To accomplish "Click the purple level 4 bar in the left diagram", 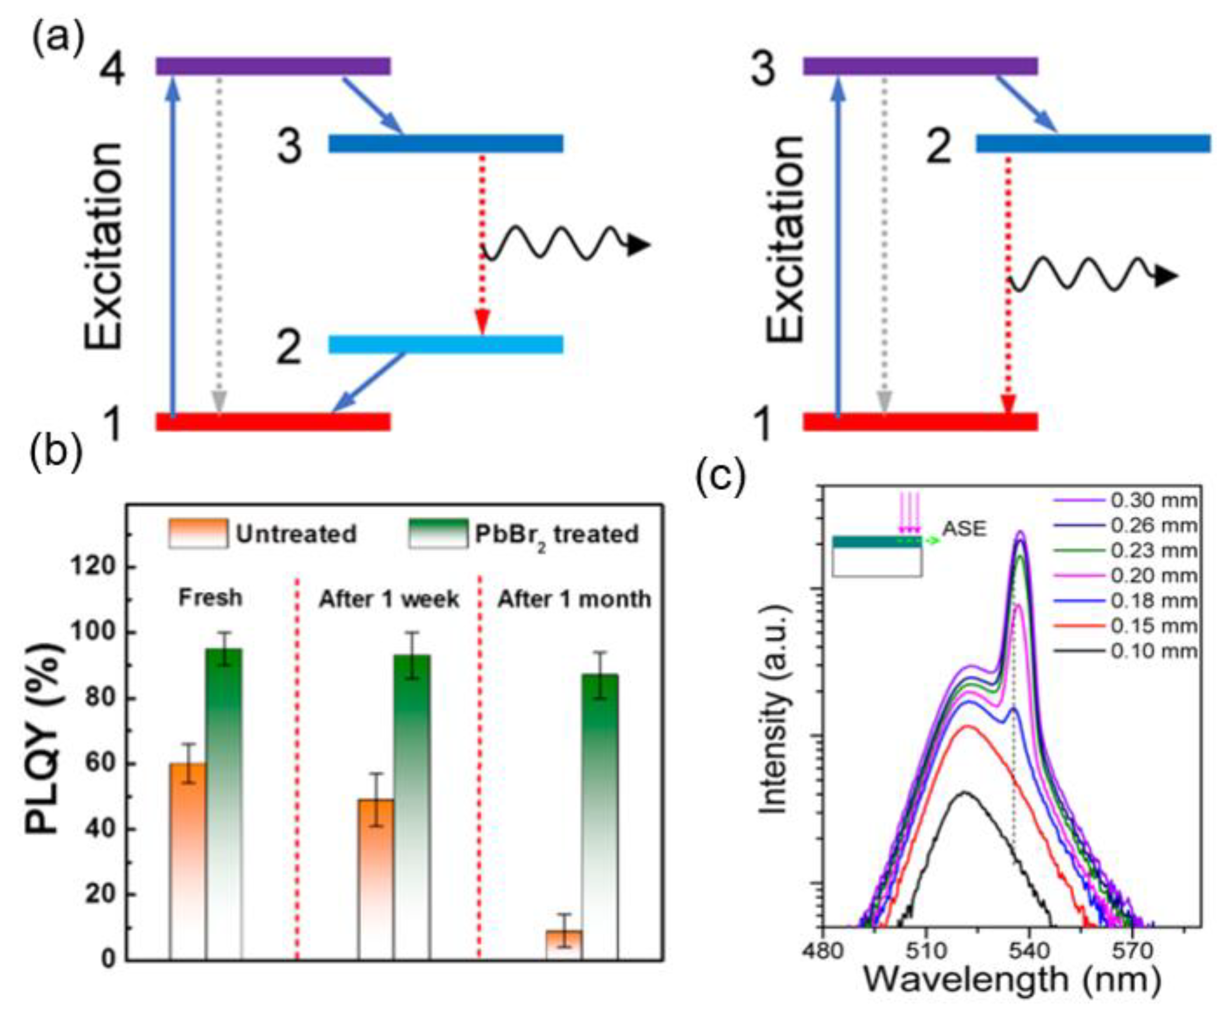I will click(x=273, y=66).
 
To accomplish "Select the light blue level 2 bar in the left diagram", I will click(x=446, y=344).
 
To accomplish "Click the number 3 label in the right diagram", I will click(x=763, y=69).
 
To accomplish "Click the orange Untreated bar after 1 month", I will click(x=563, y=944).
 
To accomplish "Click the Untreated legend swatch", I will click(x=198, y=533).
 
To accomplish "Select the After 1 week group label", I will click(x=389, y=599).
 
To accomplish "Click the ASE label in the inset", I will click(x=964, y=529).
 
